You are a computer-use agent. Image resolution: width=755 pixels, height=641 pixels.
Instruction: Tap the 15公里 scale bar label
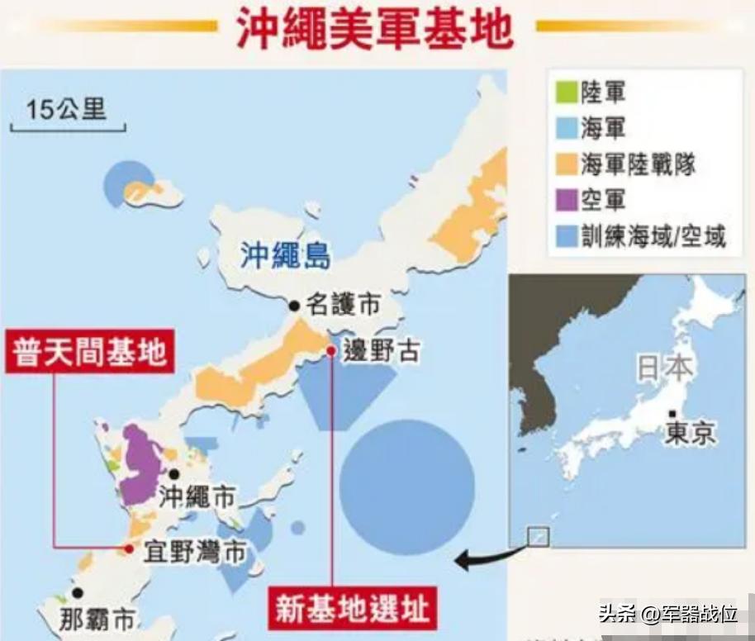click(x=66, y=109)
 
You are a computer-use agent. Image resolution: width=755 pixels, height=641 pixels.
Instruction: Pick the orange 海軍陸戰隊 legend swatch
click(x=565, y=164)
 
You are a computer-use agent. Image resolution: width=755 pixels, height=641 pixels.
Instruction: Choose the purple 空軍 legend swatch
click(x=565, y=199)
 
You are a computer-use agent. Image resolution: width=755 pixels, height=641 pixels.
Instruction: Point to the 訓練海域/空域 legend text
click(x=653, y=236)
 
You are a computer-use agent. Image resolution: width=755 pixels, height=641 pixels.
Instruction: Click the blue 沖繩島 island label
click(x=285, y=256)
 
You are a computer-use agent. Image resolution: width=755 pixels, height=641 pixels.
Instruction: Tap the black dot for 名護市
click(x=293, y=306)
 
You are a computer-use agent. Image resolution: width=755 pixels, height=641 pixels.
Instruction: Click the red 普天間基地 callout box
click(x=90, y=354)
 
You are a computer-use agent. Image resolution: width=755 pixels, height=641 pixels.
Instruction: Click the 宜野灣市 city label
click(x=194, y=550)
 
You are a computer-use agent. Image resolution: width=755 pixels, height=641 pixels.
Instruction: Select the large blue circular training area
click(x=407, y=487)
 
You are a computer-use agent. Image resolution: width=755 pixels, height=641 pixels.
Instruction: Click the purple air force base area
click(x=142, y=463)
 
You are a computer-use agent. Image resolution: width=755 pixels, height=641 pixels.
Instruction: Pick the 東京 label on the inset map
click(x=690, y=432)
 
